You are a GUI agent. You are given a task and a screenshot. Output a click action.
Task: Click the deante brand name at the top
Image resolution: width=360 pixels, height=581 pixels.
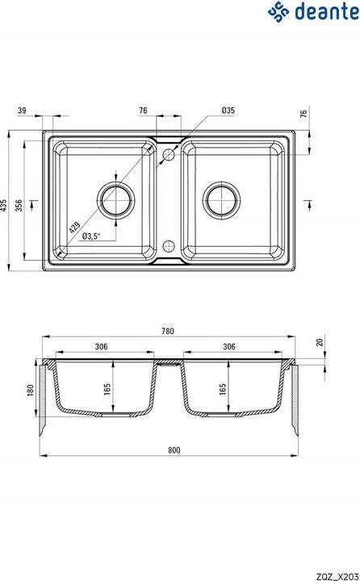327,11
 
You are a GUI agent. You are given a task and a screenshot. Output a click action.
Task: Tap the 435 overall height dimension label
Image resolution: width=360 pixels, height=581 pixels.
3,205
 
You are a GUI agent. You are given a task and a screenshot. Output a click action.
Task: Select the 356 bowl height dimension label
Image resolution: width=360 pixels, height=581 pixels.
19,205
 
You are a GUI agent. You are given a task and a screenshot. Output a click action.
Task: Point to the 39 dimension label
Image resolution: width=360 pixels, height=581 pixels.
22,110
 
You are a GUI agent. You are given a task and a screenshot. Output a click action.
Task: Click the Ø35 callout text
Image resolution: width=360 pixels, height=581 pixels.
228,110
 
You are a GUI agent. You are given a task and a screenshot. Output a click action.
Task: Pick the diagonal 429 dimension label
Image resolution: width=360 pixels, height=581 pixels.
74,227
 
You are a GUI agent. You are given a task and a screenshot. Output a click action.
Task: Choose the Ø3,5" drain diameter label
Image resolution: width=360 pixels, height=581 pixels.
91,236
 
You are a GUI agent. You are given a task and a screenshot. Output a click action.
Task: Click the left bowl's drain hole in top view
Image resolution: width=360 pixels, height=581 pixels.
116,200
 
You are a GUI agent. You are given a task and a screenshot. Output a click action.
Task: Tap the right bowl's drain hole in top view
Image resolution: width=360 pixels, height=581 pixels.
222,200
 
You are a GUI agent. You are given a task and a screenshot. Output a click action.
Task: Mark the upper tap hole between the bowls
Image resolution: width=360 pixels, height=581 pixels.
169,154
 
